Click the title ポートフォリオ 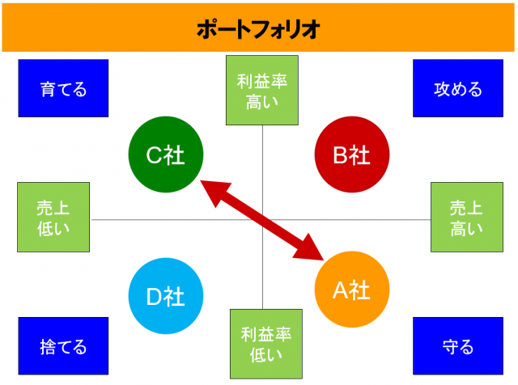tap(258, 29)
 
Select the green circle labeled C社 tap(166, 154)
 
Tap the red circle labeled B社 tap(352, 154)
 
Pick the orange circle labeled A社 tap(352, 290)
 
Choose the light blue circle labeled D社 tap(166, 296)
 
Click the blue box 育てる tap(63, 88)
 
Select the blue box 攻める tap(458, 88)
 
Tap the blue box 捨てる tap(63, 346)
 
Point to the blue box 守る tap(458, 346)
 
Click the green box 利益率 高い tap(262, 90)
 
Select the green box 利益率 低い tap(266, 344)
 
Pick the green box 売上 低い tap(53, 217)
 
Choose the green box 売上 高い tap(467, 217)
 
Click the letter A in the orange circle tap(340, 290)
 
